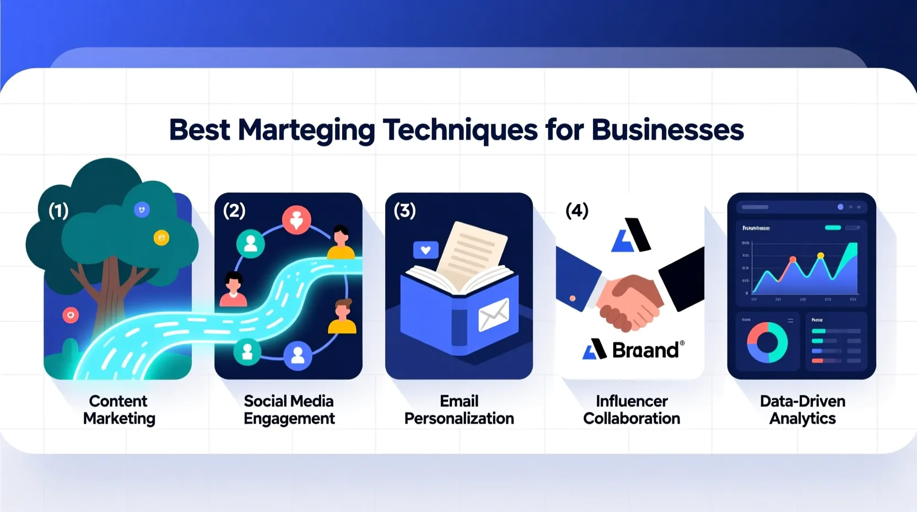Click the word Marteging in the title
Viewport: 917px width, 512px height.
[x=306, y=131]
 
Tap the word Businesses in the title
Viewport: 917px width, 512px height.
[x=667, y=130]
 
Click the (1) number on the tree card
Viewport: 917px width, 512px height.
[x=58, y=210]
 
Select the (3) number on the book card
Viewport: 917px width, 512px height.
[x=404, y=210]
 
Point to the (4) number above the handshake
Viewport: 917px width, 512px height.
[x=577, y=210]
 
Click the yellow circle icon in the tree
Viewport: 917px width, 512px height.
[x=161, y=238]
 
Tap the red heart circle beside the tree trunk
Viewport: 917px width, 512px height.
[x=71, y=315]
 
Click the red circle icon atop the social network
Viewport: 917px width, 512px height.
[x=296, y=220]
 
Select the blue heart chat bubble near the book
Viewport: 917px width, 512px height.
[x=425, y=250]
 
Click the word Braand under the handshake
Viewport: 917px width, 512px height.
[x=645, y=350]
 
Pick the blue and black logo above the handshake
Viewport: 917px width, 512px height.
[x=631, y=236]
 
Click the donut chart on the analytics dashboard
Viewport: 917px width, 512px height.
[x=767, y=343]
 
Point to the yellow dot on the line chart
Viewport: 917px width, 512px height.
[x=821, y=255]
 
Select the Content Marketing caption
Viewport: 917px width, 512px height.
[x=119, y=409]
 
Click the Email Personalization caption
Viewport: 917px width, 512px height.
[x=459, y=409]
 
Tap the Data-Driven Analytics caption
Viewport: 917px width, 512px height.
[x=802, y=409]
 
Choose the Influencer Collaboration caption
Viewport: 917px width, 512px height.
[x=632, y=409]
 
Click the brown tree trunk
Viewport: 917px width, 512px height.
[x=110, y=292]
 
